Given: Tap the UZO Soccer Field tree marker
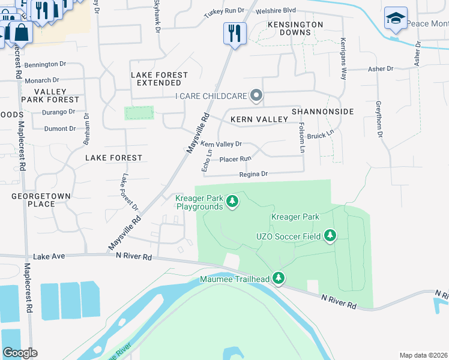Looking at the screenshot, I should [x=330, y=236].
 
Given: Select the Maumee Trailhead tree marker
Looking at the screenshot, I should [x=278, y=278].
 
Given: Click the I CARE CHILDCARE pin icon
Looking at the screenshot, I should [x=256, y=96].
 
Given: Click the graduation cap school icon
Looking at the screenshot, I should [x=396, y=18].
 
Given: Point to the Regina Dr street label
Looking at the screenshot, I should [x=253, y=174].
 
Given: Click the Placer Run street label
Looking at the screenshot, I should [x=235, y=159].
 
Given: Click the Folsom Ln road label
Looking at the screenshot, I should [x=303, y=137].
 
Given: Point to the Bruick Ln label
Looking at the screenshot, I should [x=321, y=136].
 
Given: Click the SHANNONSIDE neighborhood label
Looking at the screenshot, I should [x=322, y=112].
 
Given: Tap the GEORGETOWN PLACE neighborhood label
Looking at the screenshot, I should [x=41, y=200].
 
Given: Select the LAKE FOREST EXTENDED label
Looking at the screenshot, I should [x=159, y=79].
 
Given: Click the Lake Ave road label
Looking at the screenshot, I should [x=49, y=256].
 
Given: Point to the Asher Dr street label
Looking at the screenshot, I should [x=381, y=69].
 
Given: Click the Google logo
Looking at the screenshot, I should [x=20, y=353].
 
